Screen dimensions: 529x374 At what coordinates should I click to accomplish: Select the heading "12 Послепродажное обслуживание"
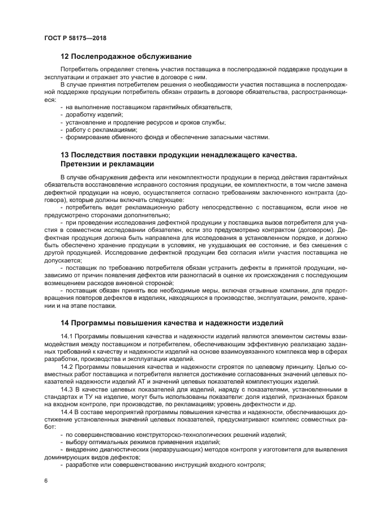pos(126,57)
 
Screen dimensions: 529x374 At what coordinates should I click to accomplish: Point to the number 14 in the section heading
pos(65,323)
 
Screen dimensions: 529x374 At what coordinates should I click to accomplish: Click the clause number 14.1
pos(68,338)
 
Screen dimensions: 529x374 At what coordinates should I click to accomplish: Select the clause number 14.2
pos(68,367)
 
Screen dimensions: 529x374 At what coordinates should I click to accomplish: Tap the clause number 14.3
pos(68,390)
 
